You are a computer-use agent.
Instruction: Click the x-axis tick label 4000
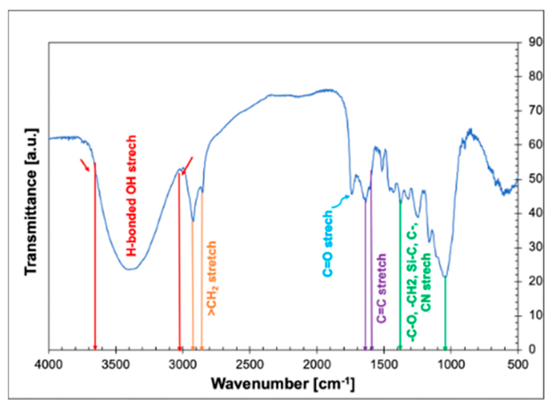[x=49, y=364]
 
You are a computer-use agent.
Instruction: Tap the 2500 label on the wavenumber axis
[x=250, y=364]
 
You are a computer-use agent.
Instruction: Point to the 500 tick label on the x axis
[x=518, y=364]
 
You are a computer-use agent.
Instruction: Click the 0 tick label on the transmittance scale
[x=532, y=349]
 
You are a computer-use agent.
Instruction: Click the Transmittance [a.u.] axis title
[x=31, y=202]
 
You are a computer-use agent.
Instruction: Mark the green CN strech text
[x=426, y=282]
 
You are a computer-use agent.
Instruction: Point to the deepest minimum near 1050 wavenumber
[x=445, y=277]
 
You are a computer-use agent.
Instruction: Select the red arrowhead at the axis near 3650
[x=95, y=348]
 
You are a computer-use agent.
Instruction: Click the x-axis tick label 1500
[x=383, y=364]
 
